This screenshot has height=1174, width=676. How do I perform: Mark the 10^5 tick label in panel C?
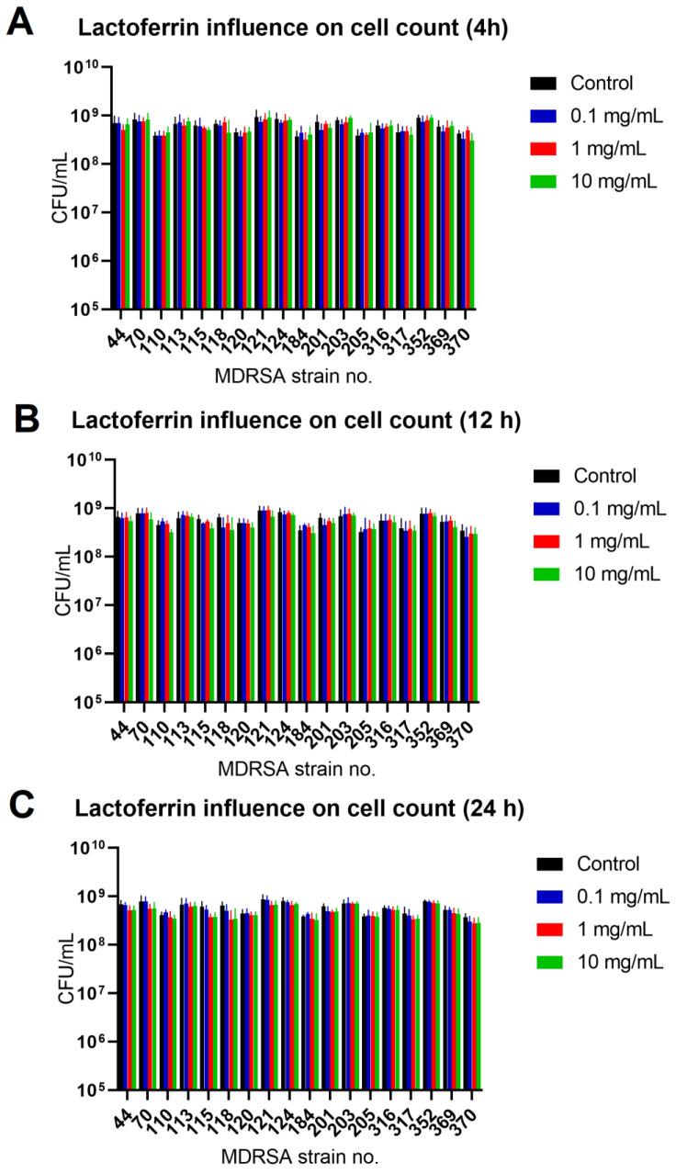(x=87, y=1090)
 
